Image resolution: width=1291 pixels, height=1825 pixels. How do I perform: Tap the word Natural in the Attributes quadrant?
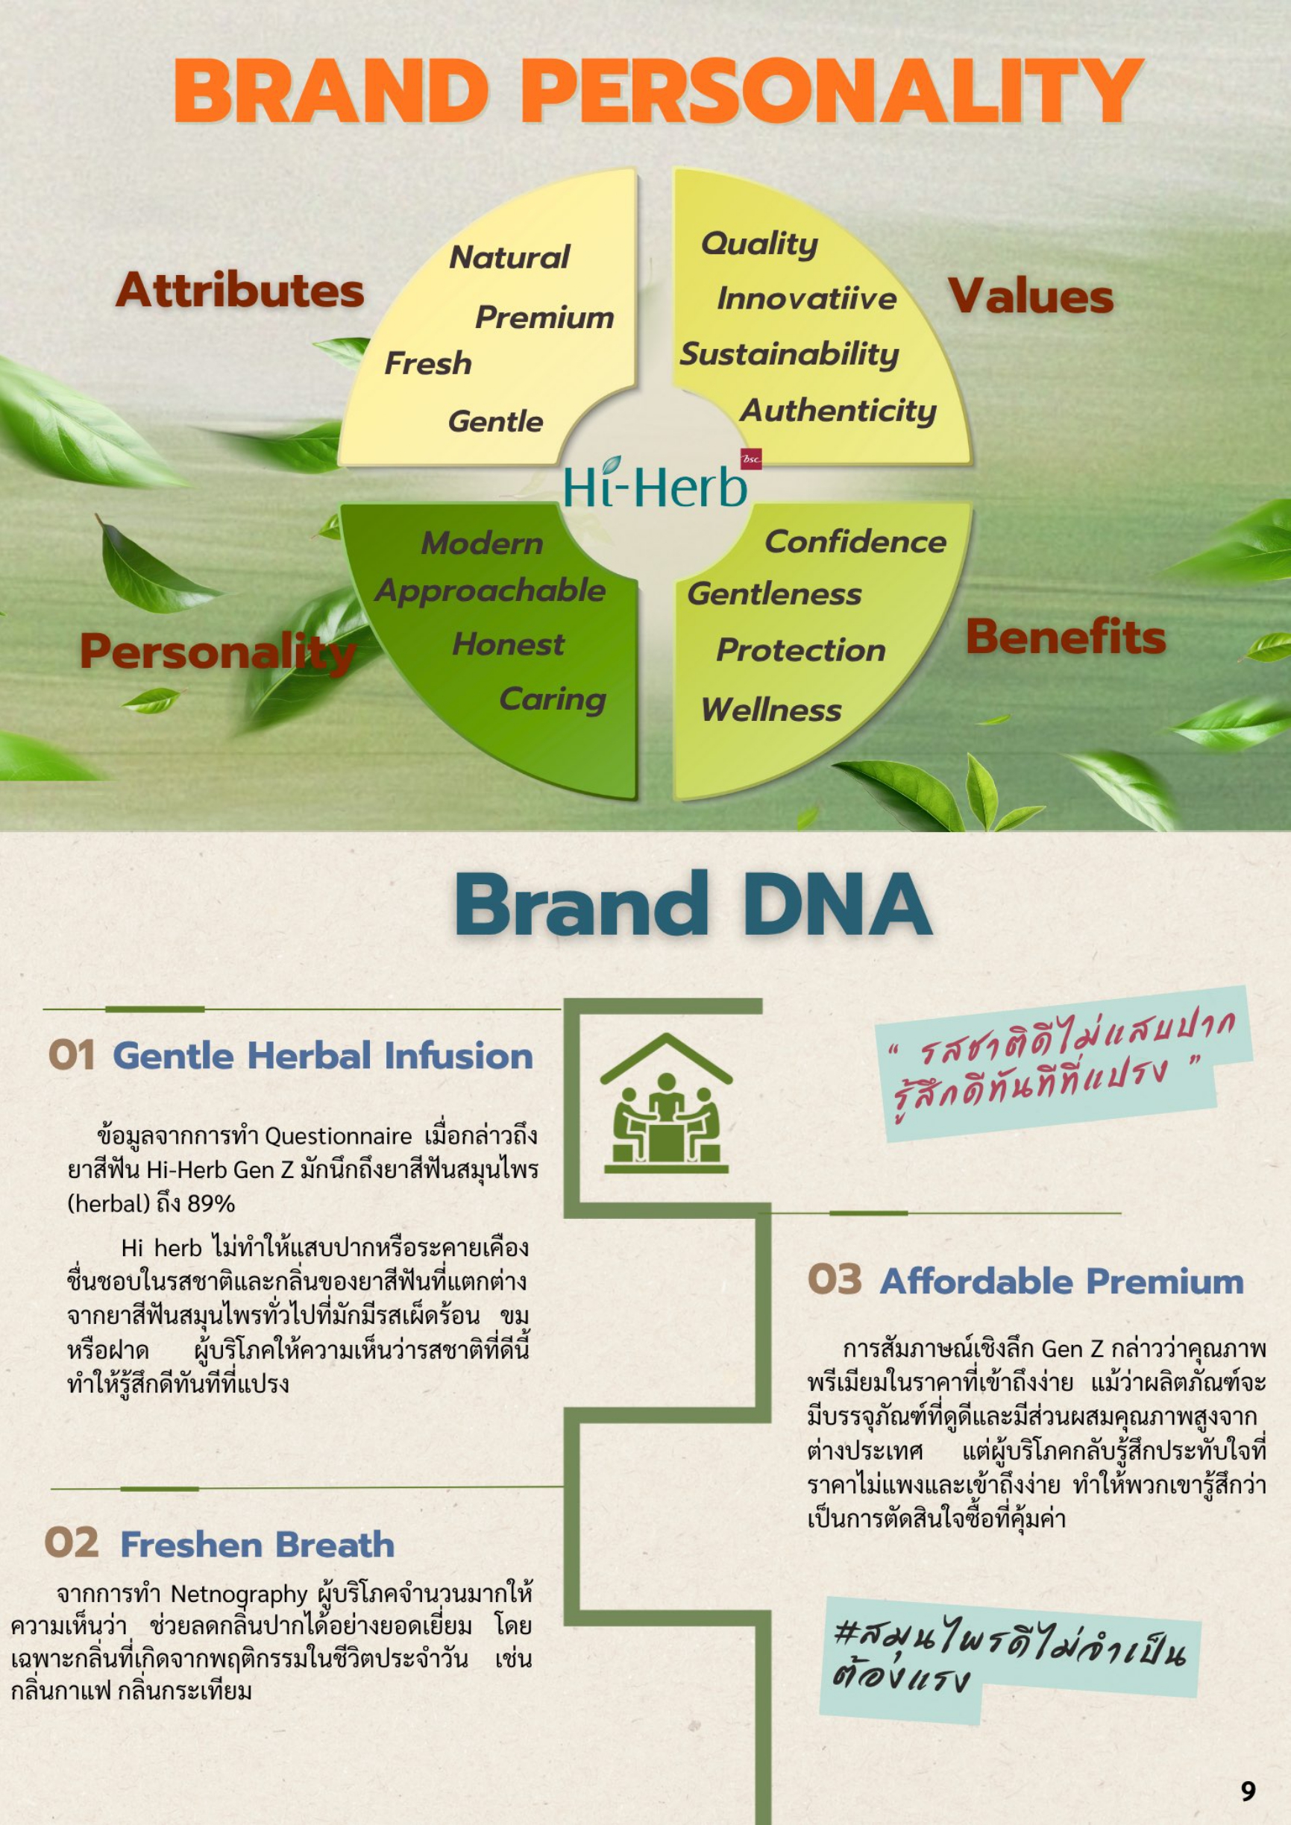[x=509, y=256]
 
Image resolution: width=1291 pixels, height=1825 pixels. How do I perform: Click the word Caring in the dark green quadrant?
[x=553, y=699]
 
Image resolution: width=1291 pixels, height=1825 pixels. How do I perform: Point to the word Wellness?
[x=770, y=709]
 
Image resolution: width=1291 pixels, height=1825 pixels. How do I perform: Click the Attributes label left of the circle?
[x=240, y=289]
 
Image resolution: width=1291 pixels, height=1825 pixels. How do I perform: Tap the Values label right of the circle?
[x=1030, y=296]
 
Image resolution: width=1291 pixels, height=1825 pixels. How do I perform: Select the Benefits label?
[x=1065, y=637]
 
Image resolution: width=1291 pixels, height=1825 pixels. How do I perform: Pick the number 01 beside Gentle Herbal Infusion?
[x=72, y=1056]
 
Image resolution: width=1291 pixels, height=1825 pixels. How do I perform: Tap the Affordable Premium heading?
[x=1061, y=1282]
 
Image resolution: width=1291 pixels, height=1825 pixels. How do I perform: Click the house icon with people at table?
[x=666, y=1103]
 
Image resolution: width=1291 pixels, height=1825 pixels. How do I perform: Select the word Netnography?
[x=239, y=1595]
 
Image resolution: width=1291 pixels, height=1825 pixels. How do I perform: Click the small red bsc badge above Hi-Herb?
[x=751, y=458]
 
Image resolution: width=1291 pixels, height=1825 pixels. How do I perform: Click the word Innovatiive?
[x=806, y=298]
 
